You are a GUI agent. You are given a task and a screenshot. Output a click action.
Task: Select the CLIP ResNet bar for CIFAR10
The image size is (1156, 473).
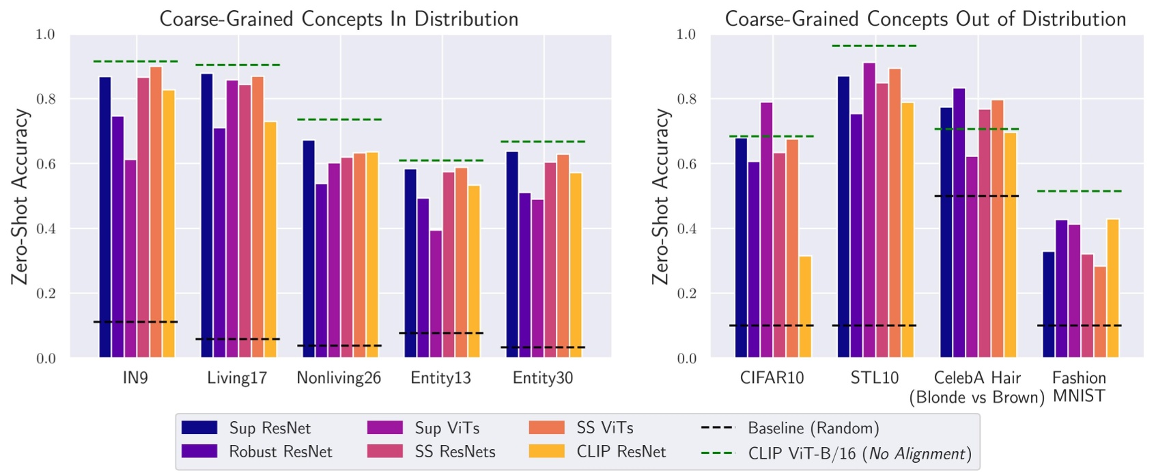pyautogui.click(x=805, y=306)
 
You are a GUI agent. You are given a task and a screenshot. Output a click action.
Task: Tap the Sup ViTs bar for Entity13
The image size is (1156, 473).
pyautogui.click(x=436, y=293)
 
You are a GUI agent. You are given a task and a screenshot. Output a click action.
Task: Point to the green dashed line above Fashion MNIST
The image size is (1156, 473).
pyautogui.click(x=1079, y=191)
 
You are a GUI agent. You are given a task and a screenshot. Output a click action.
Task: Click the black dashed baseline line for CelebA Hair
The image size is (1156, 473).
pyautogui.click(x=978, y=196)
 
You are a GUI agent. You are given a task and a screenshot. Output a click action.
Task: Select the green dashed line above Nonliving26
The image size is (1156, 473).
pyautogui.click(x=339, y=119)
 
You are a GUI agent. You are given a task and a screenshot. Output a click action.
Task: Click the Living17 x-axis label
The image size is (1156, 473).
pyautogui.click(x=237, y=378)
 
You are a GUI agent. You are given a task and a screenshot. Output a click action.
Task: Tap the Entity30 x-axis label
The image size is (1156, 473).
pyautogui.click(x=543, y=378)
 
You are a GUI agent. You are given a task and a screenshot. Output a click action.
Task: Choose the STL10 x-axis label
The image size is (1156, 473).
pyautogui.click(x=874, y=378)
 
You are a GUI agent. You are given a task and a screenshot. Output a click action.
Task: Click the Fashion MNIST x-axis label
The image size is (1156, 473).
pyautogui.click(x=1079, y=387)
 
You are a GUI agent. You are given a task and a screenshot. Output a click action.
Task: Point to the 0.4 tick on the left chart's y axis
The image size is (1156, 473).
pyautogui.click(x=46, y=229)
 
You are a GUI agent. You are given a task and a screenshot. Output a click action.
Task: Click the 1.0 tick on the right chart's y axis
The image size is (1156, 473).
pyautogui.click(x=686, y=34)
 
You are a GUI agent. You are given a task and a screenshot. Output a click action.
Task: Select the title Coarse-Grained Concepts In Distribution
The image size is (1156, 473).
pyautogui.click(x=339, y=18)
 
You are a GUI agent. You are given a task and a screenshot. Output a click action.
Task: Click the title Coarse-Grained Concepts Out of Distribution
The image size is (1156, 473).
pyautogui.click(x=925, y=18)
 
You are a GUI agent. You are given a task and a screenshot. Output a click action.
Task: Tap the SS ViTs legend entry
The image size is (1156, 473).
pyautogui.click(x=604, y=428)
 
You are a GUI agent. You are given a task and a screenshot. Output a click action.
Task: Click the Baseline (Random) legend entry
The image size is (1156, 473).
pyautogui.click(x=813, y=428)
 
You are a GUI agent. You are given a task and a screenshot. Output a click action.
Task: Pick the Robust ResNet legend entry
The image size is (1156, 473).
pyautogui.click(x=280, y=452)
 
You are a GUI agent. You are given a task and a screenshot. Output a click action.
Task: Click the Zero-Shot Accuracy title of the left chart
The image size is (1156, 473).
pyautogui.click(x=20, y=196)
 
